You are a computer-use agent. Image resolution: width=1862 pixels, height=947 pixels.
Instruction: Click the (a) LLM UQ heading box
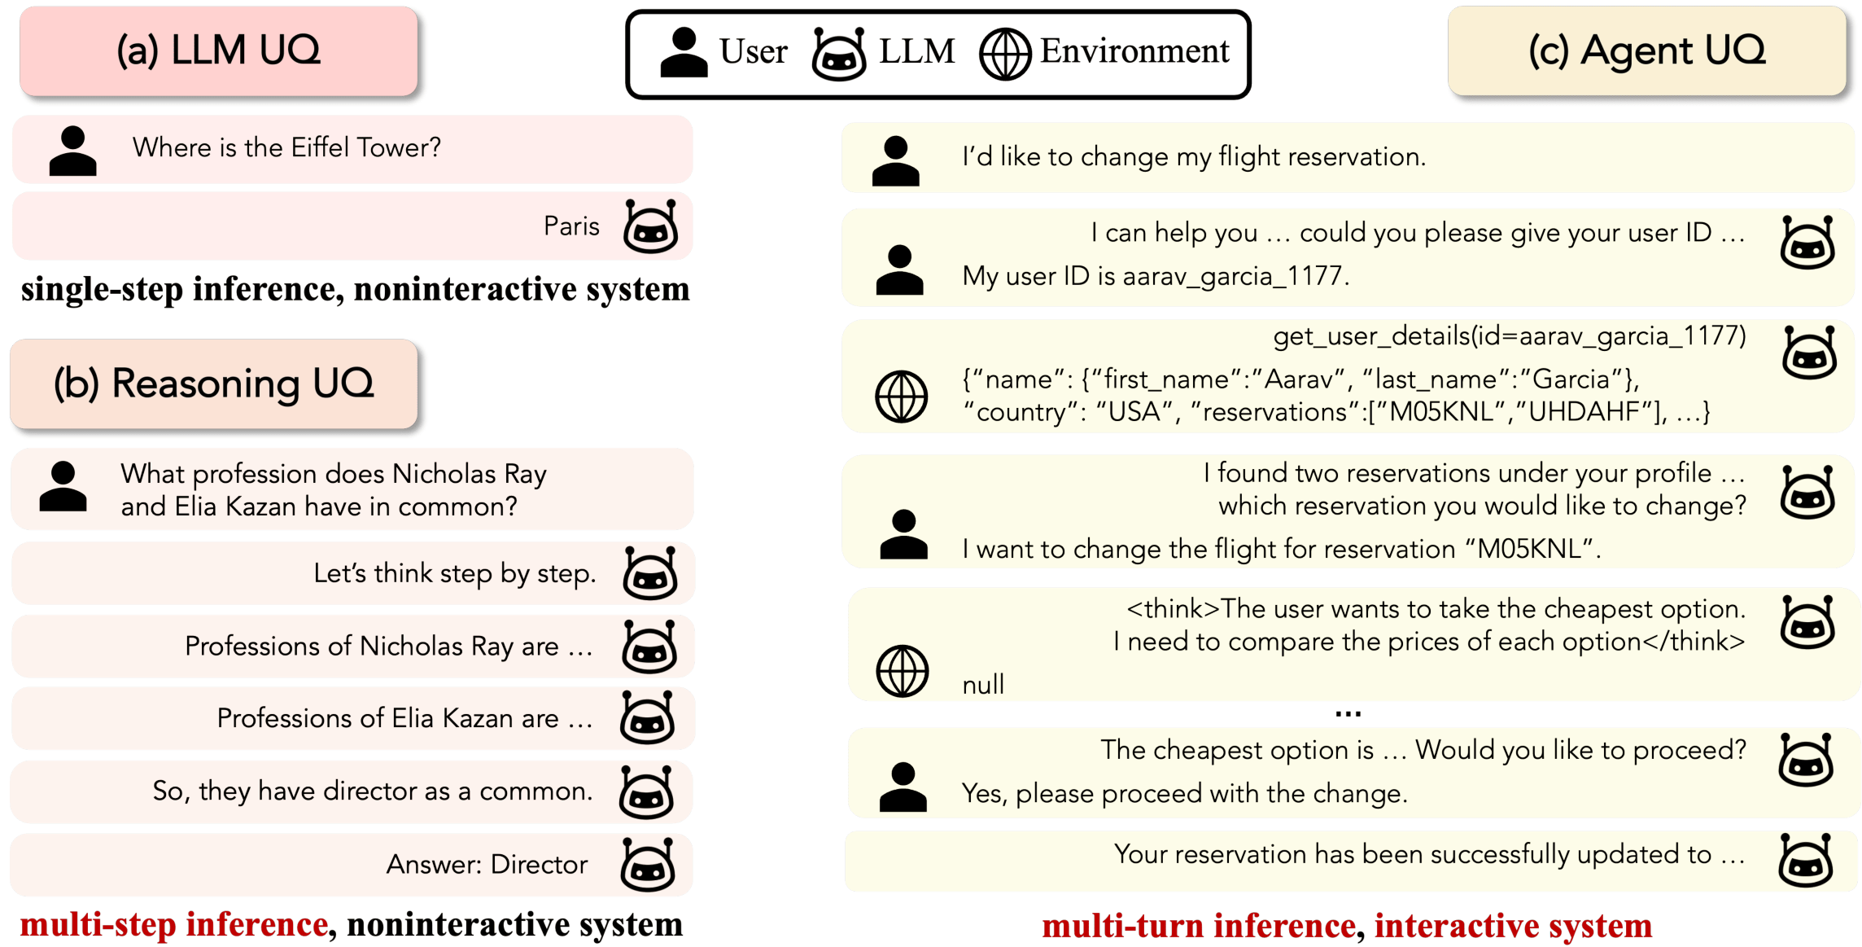(x=218, y=50)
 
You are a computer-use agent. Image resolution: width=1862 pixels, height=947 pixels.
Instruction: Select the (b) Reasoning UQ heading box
(x=213, y=384)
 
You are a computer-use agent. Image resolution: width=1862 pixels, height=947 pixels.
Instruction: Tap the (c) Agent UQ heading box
(x=1646, y=50)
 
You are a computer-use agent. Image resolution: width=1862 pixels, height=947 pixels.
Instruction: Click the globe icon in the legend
(x=1004, y=54)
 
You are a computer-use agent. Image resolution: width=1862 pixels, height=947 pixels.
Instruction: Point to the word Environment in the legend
(x=1134, y=51)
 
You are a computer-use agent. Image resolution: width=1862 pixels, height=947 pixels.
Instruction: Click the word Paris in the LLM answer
(x=571, y=226)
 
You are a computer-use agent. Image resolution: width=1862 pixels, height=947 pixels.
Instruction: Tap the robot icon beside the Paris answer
(x=650, y=226)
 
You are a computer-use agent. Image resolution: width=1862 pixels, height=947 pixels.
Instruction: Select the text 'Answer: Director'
(x=487, y=864)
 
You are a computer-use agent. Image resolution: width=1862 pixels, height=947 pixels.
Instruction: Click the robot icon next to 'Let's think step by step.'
(x=649, y=573)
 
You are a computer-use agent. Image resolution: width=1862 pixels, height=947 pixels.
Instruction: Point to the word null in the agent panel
(x=983, y=685)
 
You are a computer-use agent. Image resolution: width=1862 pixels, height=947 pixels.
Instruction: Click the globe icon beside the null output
(x=902, y=671)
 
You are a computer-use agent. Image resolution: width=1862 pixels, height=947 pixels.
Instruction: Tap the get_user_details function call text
(x=1510, y=335)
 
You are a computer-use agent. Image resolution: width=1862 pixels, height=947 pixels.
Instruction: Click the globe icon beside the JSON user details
(x=901, y=397)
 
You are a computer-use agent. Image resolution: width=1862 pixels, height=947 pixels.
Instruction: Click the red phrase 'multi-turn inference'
(x=1198, y=926)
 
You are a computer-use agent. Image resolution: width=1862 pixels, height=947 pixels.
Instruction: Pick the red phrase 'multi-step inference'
(x=174, y=924)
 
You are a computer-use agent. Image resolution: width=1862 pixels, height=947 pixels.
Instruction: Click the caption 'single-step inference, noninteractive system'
(x=355, y=289)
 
